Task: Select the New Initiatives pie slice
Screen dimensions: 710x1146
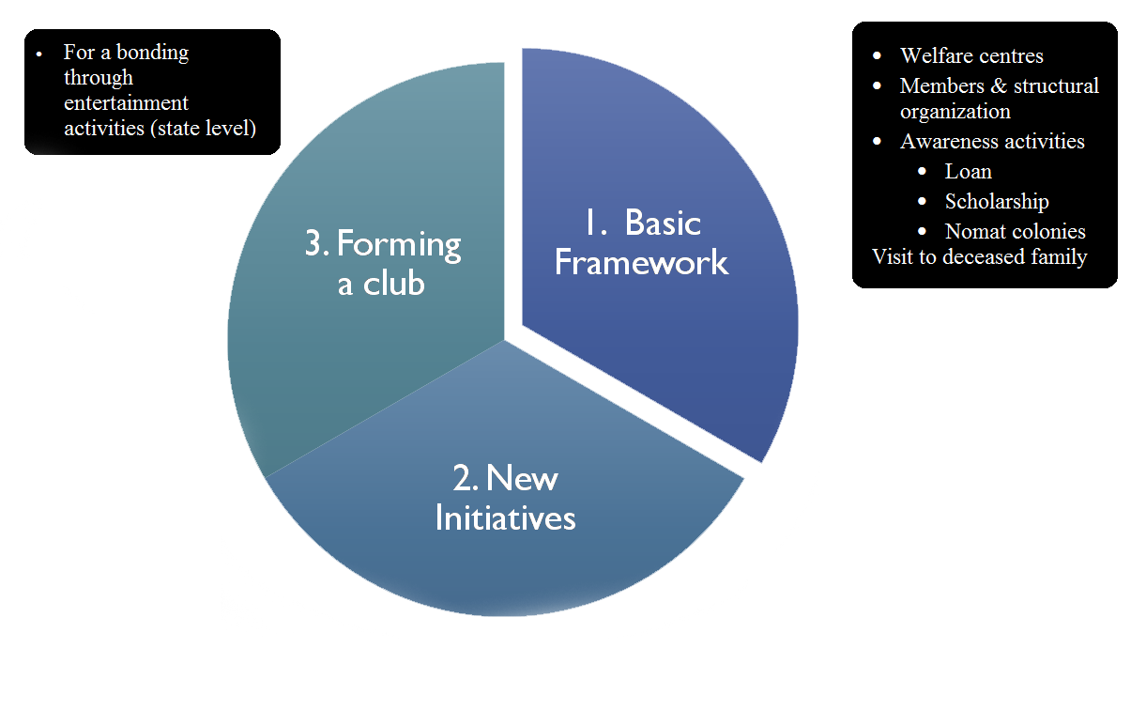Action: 507,545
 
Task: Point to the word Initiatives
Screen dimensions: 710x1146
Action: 505,517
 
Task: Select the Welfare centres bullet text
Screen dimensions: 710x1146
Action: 971,56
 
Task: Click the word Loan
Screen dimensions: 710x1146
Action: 968,172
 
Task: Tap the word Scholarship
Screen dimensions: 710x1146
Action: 997,202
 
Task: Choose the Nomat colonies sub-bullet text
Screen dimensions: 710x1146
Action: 1015,231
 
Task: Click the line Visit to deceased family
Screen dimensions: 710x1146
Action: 979,256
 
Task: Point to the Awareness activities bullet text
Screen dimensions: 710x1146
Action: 992,142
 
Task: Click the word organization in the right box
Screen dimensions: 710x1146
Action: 955,112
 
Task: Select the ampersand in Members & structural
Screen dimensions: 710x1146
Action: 997,86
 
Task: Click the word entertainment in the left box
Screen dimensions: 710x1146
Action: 126,103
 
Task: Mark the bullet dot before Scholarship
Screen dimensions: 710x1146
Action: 924,202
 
